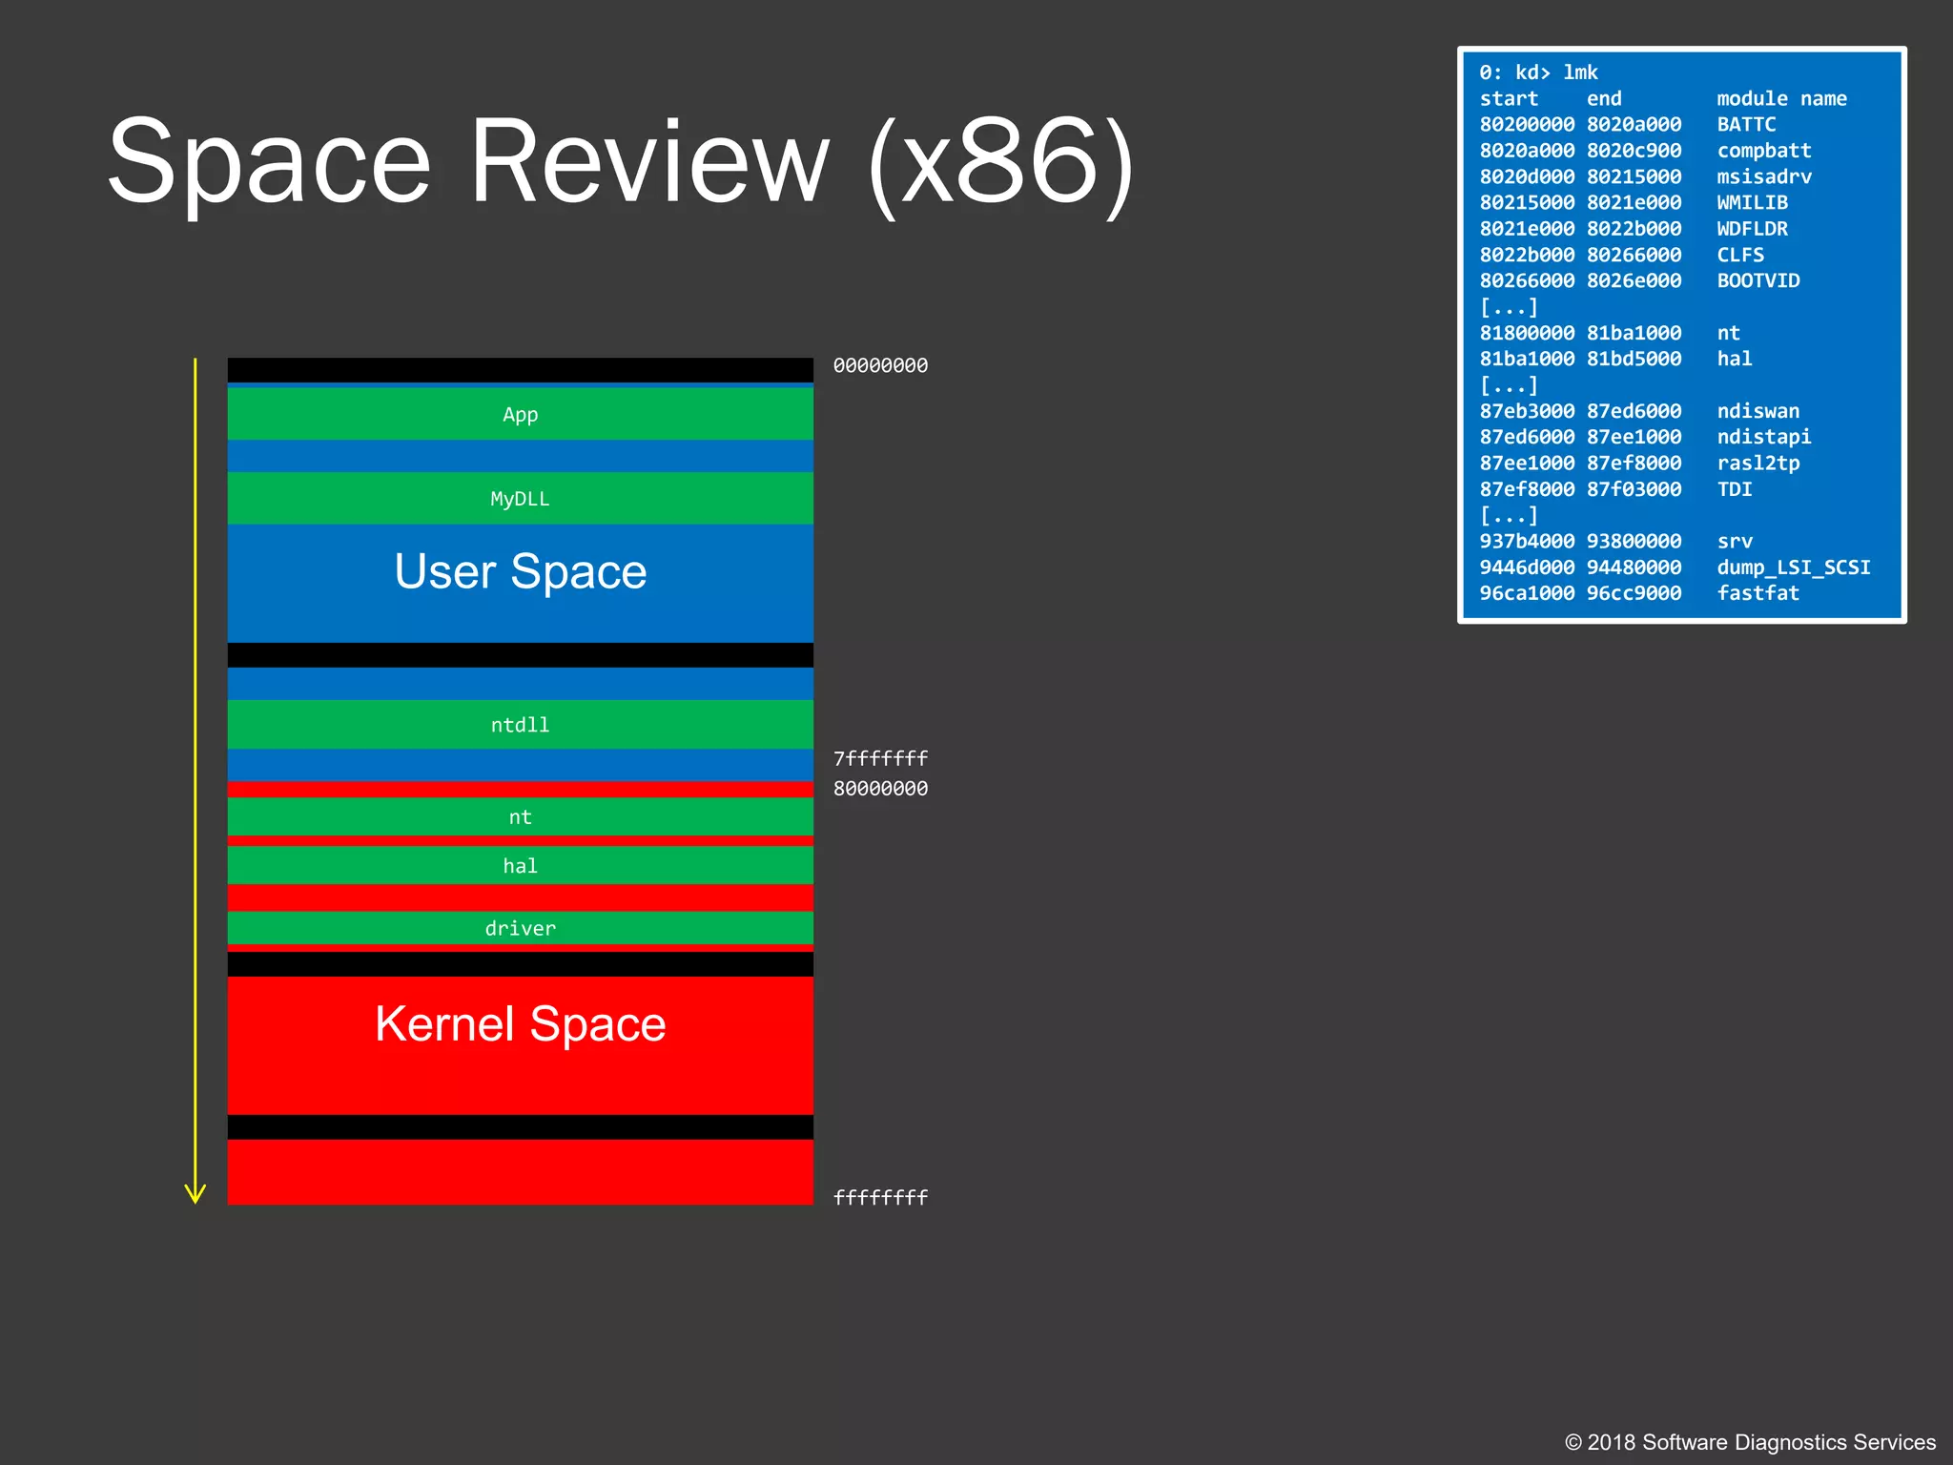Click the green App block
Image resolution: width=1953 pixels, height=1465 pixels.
520,414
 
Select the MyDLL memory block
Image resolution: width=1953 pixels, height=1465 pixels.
520,498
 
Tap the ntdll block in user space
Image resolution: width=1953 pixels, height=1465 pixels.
520,725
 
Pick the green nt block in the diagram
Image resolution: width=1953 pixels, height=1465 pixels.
520,816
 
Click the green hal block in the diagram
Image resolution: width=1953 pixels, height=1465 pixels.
520,865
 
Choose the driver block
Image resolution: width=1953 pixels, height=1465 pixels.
520,928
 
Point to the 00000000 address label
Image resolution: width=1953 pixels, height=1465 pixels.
880,365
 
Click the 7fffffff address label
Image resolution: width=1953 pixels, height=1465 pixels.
880,758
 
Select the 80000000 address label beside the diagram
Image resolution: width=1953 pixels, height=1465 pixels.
880,789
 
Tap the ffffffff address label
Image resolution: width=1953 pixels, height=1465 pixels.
880,1198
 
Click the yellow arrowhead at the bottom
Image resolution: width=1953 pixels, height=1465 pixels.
195,1194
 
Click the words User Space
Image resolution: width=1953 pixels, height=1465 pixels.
521,572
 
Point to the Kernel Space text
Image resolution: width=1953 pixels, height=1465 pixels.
521,1024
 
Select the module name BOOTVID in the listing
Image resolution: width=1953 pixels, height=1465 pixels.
1758,281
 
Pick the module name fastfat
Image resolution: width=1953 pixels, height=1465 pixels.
1758,593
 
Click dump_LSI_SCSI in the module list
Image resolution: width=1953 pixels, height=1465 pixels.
1794,567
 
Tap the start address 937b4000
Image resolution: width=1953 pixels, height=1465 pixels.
1527,542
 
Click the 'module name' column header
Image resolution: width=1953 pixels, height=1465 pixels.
1781,99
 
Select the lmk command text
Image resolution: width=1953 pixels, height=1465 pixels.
1580,72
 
